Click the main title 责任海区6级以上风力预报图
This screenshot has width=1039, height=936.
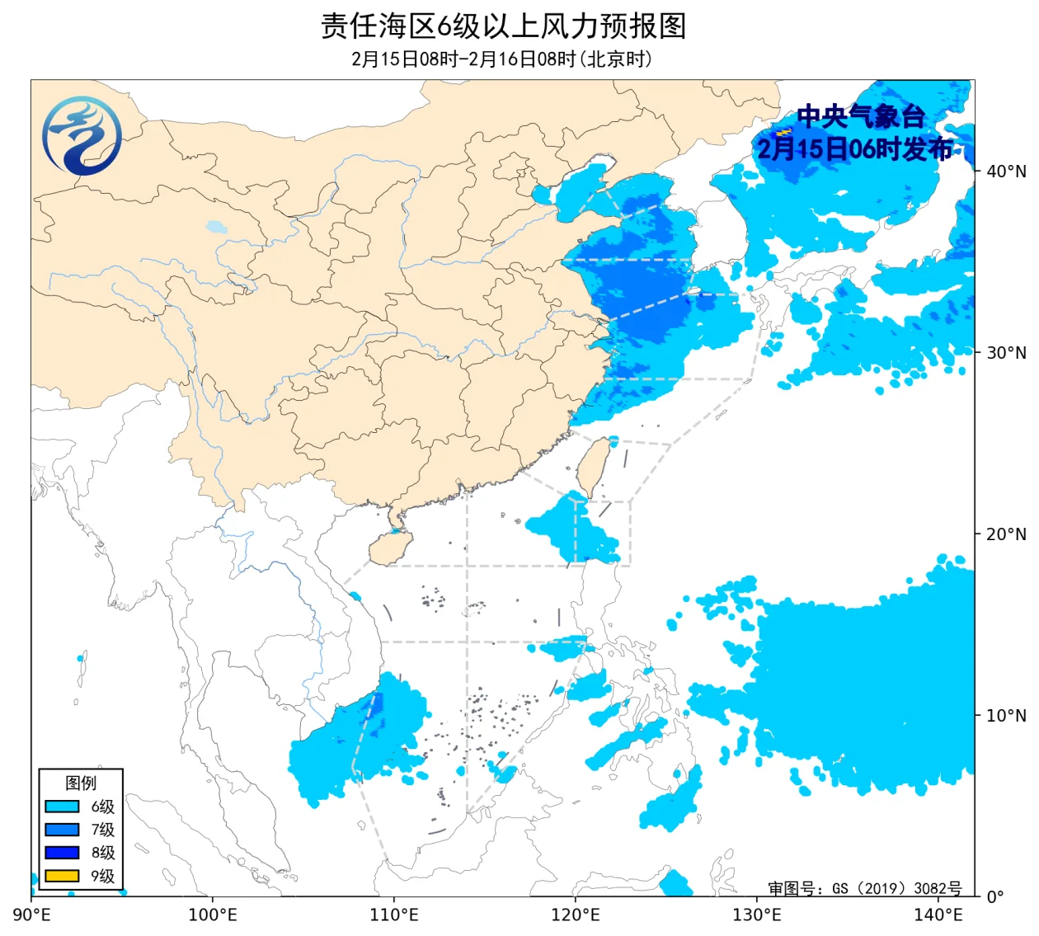point(503,26)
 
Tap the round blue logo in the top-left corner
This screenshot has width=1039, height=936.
point(82,136)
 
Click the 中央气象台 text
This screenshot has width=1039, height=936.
point(860,116)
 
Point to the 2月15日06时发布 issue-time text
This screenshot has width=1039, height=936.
point(855,148)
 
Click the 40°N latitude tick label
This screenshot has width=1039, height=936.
point(1006,172)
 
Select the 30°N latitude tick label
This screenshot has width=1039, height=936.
point(1006,353)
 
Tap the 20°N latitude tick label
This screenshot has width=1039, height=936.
point(1006,534)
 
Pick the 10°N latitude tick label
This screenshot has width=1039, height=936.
point(1006,716)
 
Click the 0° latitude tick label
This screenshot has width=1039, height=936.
point(995,896)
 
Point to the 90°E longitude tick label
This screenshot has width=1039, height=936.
point(32,915)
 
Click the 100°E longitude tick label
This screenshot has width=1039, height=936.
point(213,915)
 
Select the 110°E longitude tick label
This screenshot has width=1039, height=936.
point(394,915)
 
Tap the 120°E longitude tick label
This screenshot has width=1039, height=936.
point(576,915)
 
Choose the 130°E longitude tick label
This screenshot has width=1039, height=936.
point(757,915)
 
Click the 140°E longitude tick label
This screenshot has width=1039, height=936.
point(938,915)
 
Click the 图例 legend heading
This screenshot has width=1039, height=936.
point(81,783)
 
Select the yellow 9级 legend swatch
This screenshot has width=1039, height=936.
point(62,876)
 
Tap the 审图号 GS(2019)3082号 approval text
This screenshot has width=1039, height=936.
point(864,888)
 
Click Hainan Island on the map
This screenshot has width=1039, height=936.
point(390,548)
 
